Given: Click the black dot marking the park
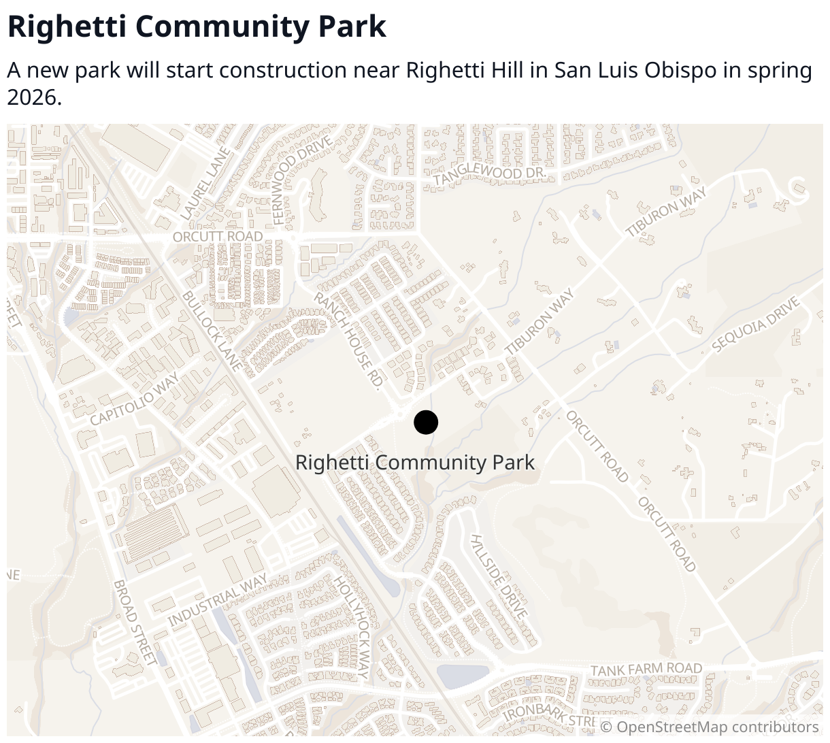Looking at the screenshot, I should [426, 423].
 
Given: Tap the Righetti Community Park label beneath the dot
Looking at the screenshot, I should [415, 463].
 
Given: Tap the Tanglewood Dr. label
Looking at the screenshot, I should [490, 175].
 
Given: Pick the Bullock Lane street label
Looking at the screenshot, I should [212, 331].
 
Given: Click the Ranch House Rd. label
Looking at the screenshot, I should [348, 340].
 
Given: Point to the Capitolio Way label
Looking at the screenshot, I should [135, 399].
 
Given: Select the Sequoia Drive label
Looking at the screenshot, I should [756, 325].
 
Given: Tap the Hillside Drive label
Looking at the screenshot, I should [499, 576].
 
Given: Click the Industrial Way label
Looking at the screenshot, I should [218, 601].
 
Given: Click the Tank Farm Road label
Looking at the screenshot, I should [646, 670].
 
